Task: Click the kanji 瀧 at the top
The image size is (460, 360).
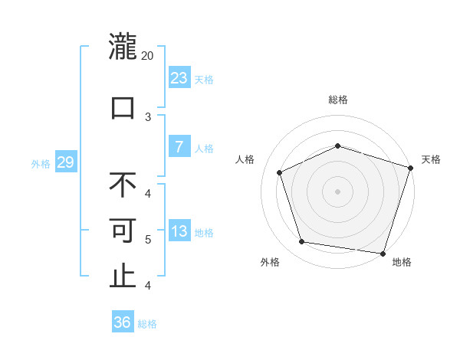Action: (x=123, y=47)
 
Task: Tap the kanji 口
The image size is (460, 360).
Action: (x=123, y=106)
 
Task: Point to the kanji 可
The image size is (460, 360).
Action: (x=123, y=230)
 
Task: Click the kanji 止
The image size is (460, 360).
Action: (x=123, y=277)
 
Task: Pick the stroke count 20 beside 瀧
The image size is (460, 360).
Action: (x=148, y=56)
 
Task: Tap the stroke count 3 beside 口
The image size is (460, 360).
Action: (x=148, y=116)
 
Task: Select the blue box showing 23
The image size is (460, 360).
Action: (x=179, y=78)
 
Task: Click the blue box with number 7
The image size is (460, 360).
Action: (x=179, y=147)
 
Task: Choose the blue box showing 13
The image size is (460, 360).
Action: (x=179, y=231)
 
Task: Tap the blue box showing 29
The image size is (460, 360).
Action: (x=65, y=162)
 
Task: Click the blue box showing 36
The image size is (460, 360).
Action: (x=123, y=322)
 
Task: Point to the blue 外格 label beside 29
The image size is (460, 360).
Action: (x=41, y=163)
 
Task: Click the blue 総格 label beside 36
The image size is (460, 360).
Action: (x=147, y=324)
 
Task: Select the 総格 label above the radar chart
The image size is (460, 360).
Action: (x=337, y=100)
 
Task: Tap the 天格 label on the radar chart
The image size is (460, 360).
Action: (x=431, y=159)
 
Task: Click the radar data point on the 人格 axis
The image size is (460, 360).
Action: (x=280, y=172)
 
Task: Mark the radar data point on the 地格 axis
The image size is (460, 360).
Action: (x=383, y=253)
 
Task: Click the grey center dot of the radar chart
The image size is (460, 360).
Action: (x=337, y=191)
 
